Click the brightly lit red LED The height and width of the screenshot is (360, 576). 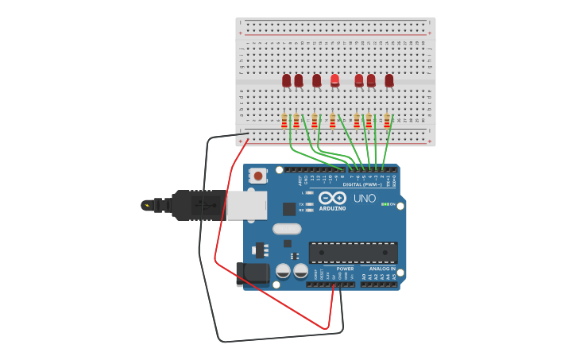point(334,80)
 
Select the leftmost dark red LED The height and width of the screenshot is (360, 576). point(287,80)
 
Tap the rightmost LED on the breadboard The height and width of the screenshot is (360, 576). point(389,80)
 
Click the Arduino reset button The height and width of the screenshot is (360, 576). point(258,176)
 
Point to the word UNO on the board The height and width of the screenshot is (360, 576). point(365,198)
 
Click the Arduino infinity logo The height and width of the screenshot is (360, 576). point(332,197)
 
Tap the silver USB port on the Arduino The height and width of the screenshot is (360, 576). point(246,205)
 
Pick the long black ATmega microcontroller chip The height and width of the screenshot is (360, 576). point(353,253)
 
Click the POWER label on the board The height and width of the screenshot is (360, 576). point(346,269)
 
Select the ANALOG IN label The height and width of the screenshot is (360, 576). point(382,269)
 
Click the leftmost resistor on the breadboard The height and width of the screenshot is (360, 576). point(284,121)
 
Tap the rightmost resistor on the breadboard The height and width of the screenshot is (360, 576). point(387,121)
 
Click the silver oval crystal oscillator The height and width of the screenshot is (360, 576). point(287,229)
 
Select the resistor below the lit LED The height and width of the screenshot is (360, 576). point(332,121)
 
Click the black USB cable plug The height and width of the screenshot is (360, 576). point(197,205)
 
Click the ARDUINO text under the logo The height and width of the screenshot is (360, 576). point(332,208)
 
